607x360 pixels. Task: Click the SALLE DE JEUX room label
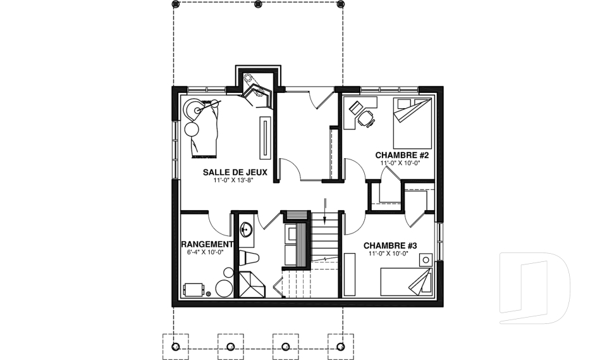(x=235, y=172)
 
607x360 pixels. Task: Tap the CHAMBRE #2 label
(x=402, y=156)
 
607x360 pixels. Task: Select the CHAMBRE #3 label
(x=390, y=245)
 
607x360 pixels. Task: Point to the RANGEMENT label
(x=207, y=244)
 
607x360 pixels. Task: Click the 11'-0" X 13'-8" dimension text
(x=235, y=180)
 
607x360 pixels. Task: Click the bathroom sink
(x=246, y=230)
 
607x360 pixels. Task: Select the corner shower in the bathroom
(x=252, y=284)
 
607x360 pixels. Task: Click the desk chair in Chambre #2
(x=366, y=118)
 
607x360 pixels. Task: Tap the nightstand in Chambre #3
(x=426, y=259)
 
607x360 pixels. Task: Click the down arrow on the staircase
(x=325, y=211)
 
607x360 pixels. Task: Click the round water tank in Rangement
(x=224, y=288)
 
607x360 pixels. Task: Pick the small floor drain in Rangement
(x=209, y=294)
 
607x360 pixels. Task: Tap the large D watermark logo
(x=535, y=287)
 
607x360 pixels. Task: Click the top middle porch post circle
(x=258, y=4)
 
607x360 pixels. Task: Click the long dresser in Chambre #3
(x=350, y=275)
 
